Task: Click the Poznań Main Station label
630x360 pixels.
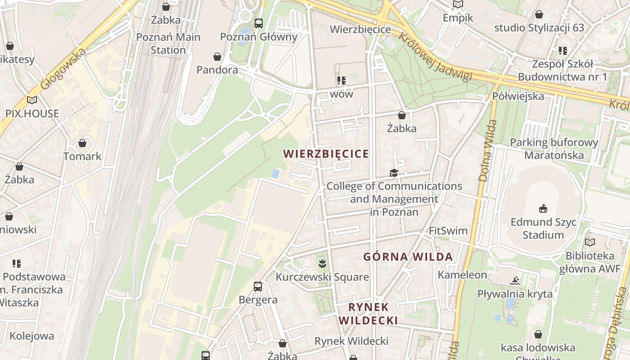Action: tap(168, 44)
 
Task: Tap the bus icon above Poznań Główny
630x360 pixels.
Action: tap(258, 23)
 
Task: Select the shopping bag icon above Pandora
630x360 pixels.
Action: tap(217, 57)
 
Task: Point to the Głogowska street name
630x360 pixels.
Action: tap(63, 69)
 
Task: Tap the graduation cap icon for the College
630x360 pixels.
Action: tap(394, 173)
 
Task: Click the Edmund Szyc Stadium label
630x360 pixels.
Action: tap(543, 229)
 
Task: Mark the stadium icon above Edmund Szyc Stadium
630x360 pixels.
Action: tap(543, 208)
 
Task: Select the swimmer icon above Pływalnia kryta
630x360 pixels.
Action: tap(515, 281)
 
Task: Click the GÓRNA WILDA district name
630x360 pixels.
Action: tap(408, 257)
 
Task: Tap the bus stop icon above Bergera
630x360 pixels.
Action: tap(258, 286)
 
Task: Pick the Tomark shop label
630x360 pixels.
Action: tap(82, 157)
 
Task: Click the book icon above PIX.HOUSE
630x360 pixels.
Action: tap(31, 100)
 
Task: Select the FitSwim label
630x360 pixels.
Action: tap(448, 231)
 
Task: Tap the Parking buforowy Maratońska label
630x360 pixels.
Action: tap(554, 149)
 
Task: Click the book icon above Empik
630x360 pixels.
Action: tap(458, 4)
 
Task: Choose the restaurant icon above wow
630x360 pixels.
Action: tap(342, 81)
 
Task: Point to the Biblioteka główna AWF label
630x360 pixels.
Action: tap(589, 262)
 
